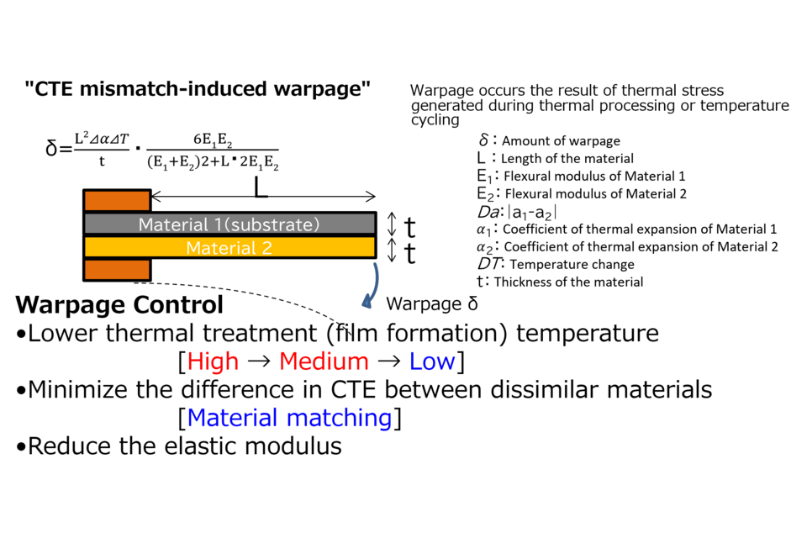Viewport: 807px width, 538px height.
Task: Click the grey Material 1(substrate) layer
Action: [229, 224]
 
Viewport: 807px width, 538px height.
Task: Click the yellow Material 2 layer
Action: [229, 247]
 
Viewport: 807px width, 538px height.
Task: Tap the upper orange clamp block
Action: [117, 201]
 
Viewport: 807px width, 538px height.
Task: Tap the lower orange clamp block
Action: [117, 270]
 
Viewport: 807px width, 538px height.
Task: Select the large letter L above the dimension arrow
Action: [261, 187]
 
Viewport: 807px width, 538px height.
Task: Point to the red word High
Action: [213, 362]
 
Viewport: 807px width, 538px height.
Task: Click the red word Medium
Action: [324, 362]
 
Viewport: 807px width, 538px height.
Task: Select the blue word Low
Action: [432, 362]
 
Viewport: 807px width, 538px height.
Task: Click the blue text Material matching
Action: [289, 418]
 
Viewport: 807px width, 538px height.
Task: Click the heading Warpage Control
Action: [119, 304]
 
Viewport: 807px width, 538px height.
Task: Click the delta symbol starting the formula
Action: [51, 151]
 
